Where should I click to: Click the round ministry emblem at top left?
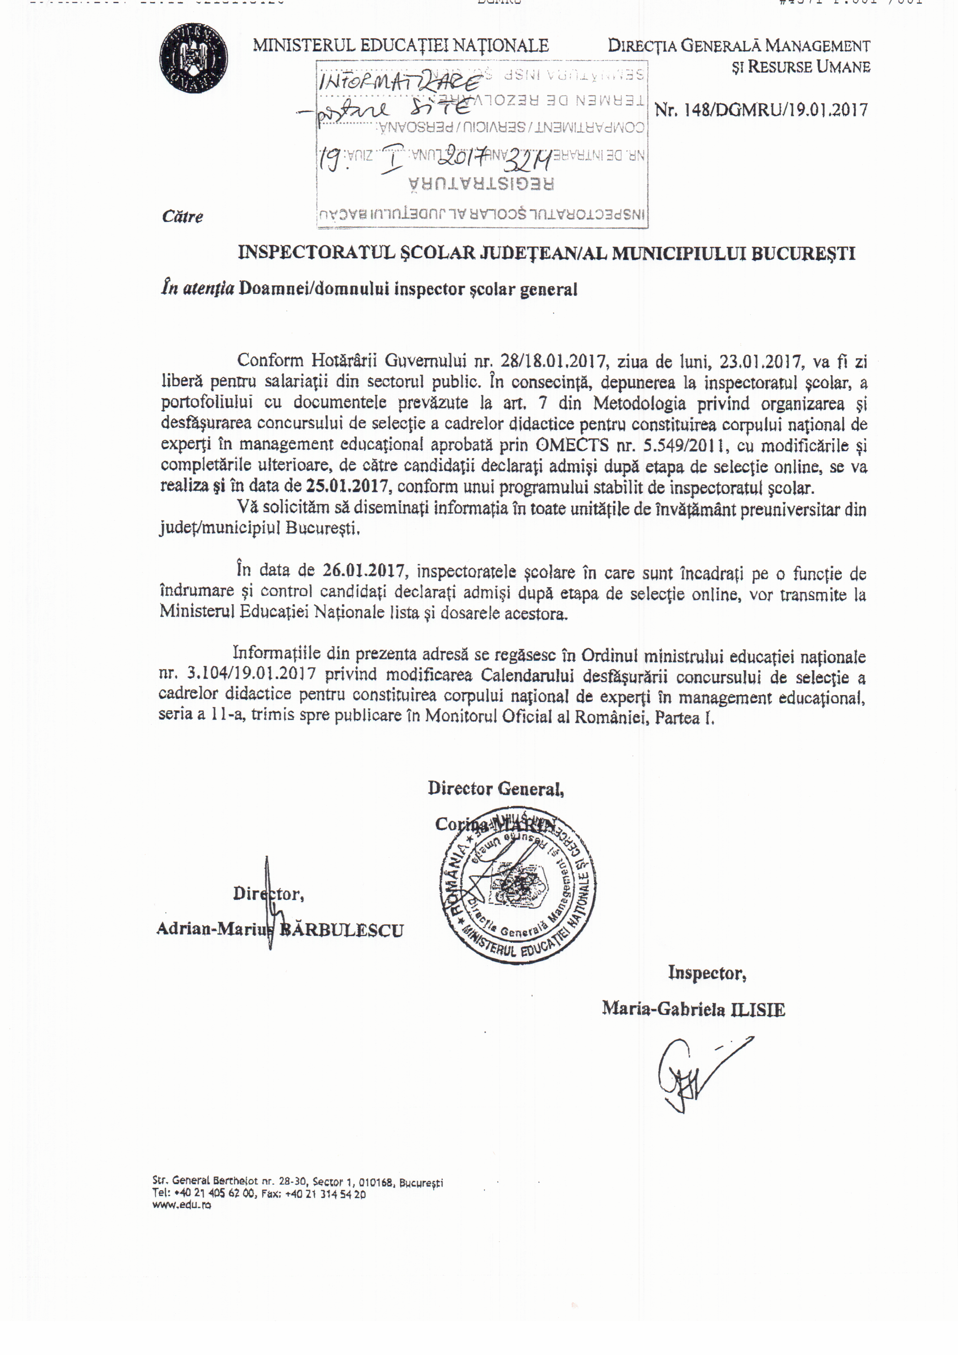pyautogui.click(x=193, y=58)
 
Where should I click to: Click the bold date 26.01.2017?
pyautogui.click(x=364, y=571)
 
